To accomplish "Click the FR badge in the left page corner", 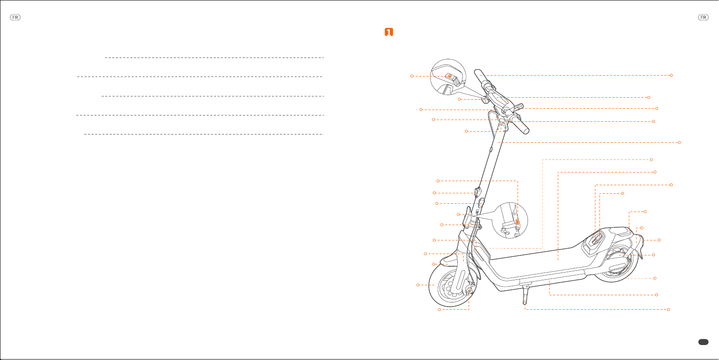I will pos(15,18).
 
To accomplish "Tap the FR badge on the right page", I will pos(703,18).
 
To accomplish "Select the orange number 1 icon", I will pos(388,32).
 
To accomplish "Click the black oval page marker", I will pos(703,342).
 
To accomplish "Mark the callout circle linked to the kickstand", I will pos(668,309).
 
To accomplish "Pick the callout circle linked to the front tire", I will pos(418,285).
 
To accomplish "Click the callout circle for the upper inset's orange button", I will pos(412,76).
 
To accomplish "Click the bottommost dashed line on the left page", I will pos(204,134).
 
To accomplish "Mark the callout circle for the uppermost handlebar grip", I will pos(671,75).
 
